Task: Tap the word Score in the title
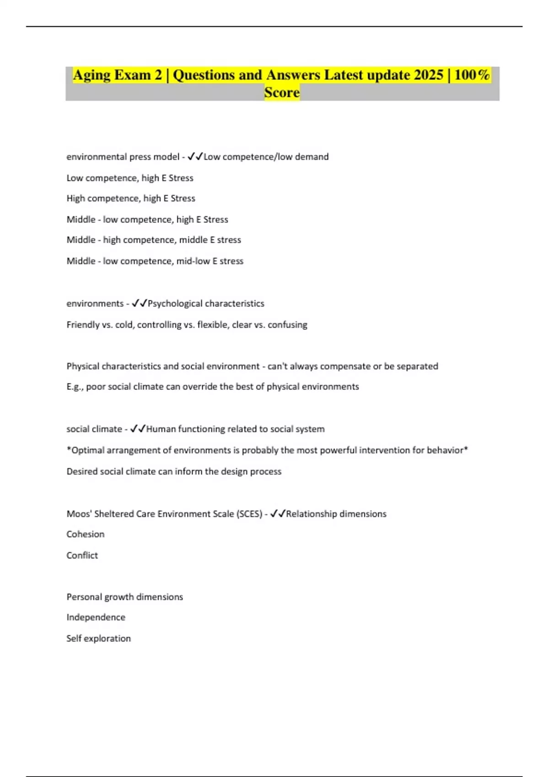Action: pyautogui.click(x=282, y=92)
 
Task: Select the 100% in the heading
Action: pyautogui.click(x=472, y=75)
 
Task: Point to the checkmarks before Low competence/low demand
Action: pyautogui.click(x=195, y=157)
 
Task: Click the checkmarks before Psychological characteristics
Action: pyautogui.click(x=139, y=303)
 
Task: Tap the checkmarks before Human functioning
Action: pyautogui.click(x=138, y=429)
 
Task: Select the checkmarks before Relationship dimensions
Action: pyautogui.click(x=278, y=514)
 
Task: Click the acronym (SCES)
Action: pyautogui.click(x=249, y=514)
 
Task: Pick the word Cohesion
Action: pyautogui.click(x=86, y=534)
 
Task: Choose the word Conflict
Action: pyautogui.click(x=82, y=555)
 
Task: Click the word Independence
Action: pyautogui.click(x=96, y=617)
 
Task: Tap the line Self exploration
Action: pyautogui.click(x=98, y=639)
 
